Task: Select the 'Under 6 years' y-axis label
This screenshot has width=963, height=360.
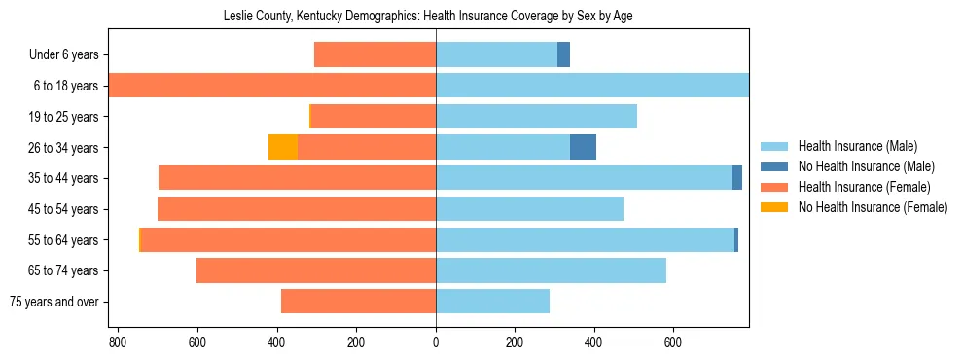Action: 69,54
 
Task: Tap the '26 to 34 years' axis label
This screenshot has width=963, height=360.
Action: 64,148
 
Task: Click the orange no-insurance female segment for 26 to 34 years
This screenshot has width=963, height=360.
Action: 283,147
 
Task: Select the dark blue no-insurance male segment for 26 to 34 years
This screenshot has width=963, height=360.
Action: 583,147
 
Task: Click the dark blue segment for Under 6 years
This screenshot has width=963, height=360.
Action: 563,54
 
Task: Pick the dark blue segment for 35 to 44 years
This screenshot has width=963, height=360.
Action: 737,178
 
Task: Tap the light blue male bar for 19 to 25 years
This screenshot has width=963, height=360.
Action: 536,117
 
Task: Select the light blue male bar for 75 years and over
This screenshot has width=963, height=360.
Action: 492,302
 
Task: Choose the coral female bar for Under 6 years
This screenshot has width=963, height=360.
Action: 374,54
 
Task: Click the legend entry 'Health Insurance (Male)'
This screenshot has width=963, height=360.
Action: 857,146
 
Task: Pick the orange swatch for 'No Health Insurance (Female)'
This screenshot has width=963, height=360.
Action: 775,207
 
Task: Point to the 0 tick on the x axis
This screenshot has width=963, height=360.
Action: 436,342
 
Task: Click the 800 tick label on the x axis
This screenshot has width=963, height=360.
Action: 118,342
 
